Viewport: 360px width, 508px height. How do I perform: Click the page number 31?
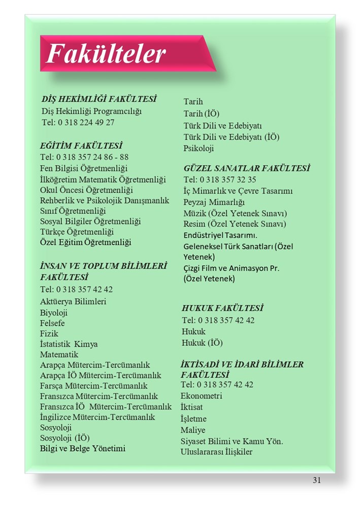[317, 481]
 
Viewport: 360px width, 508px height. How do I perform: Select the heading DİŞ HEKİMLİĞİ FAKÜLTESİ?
[99, 99]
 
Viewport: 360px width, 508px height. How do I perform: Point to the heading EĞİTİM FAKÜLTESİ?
[81, 146]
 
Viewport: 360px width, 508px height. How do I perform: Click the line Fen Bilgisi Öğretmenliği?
[84, 168]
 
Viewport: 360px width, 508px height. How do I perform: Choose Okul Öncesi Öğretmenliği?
[86, 189]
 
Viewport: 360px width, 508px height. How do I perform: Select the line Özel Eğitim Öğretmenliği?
[85, 242]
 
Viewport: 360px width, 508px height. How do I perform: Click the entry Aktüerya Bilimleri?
[73, 302]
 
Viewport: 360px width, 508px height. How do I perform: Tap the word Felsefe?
[52, 323]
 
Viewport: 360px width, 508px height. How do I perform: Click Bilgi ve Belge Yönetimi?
[83, 449]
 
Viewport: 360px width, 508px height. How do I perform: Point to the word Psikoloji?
[199, 148]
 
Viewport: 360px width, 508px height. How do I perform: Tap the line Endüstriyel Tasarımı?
[220, 235]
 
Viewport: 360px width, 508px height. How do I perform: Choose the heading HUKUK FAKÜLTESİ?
[222, 308]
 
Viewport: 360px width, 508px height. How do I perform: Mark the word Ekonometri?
[201, 396]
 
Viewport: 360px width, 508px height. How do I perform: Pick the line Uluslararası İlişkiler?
[216, 452]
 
